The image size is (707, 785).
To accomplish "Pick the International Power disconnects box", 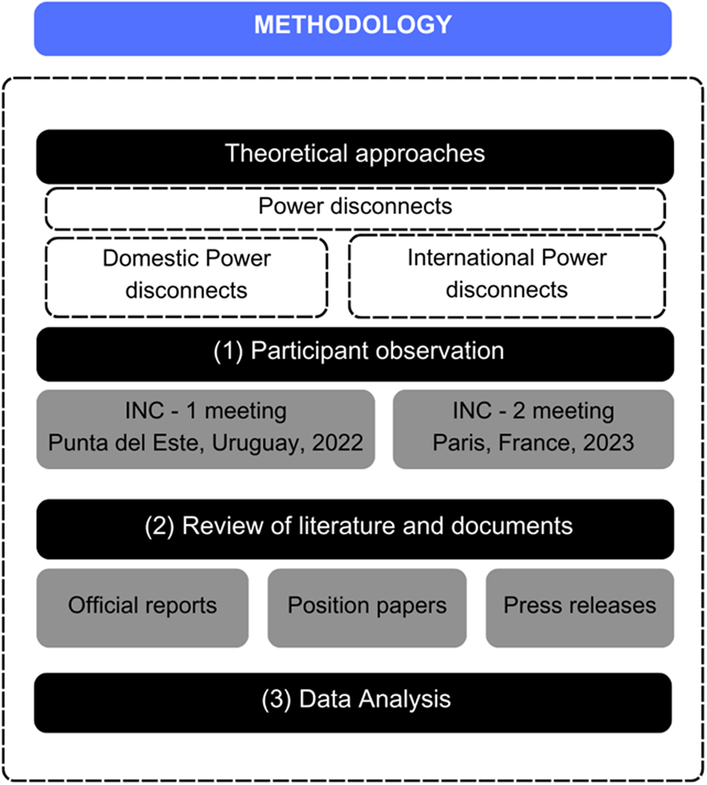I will coord(506,276).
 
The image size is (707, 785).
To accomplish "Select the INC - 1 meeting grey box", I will coord(206,429).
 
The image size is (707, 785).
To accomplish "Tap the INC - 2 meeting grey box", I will coord(533,429).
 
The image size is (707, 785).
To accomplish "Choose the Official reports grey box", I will coord(142,607).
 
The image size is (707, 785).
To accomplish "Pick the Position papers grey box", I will coord(367,607).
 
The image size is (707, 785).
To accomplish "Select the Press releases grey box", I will coord(579,607).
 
